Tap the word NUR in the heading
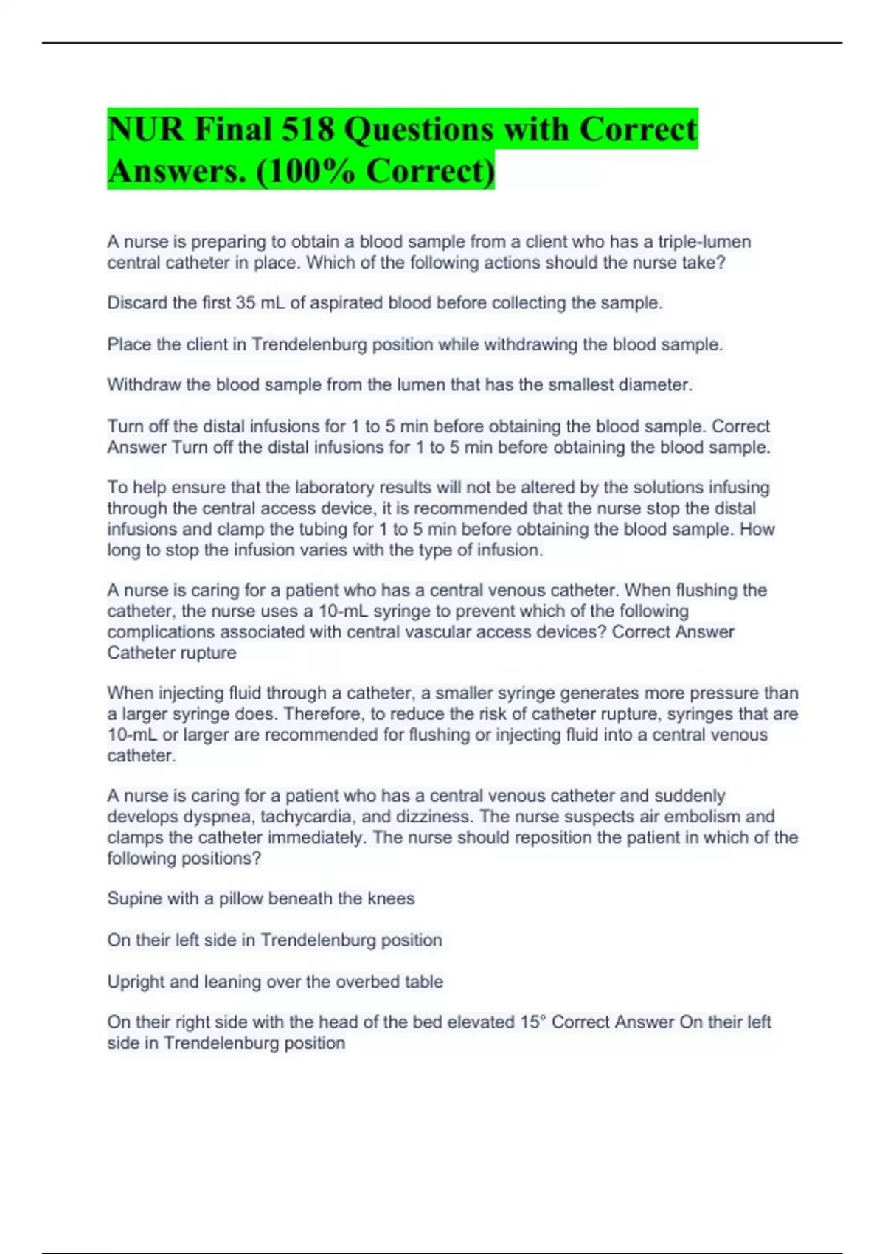[x=145, y=130]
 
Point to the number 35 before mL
[x=245, y=303]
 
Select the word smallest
[x=580, y=385]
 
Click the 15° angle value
[x=532, y=1022]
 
